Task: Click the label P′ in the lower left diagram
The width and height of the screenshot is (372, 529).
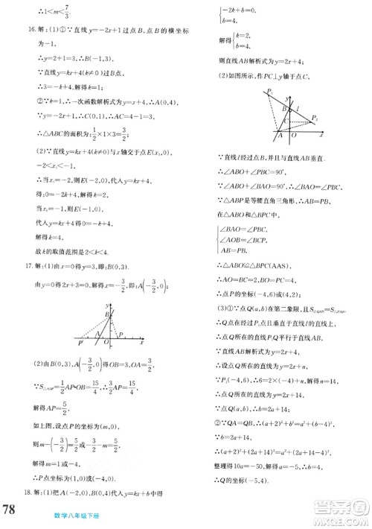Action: (81, 343)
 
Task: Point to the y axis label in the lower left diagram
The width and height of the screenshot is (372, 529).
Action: (108, 305)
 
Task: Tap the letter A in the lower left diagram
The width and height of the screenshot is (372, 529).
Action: (100, 343)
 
